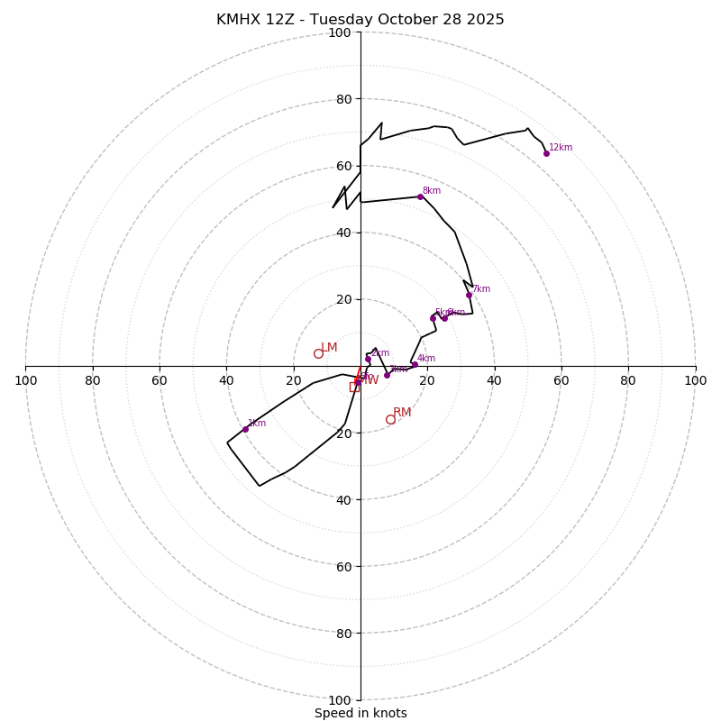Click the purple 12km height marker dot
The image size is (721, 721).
tap(546, 153)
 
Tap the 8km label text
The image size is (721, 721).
tap(432, 191)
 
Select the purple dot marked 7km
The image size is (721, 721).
tap(469, 295)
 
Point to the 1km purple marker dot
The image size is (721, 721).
tap(245, 429)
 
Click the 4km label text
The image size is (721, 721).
tap(426, 359)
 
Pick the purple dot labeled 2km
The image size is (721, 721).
tap(368, 360)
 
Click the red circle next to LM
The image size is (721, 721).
tap(318, 353)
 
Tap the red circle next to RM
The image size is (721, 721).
tap(390, 419)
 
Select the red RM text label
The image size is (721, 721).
tap(402, 413)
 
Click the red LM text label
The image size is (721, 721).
tap(329, 348)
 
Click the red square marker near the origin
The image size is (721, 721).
tap(354, 388)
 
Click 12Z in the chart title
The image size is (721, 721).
tap(283, 20)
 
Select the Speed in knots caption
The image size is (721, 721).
tap(360, 713)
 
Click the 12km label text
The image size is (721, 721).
tap(561, 148)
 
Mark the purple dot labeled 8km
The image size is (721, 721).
tap(420, 196)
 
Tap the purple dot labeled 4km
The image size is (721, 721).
tap(415, 364)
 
